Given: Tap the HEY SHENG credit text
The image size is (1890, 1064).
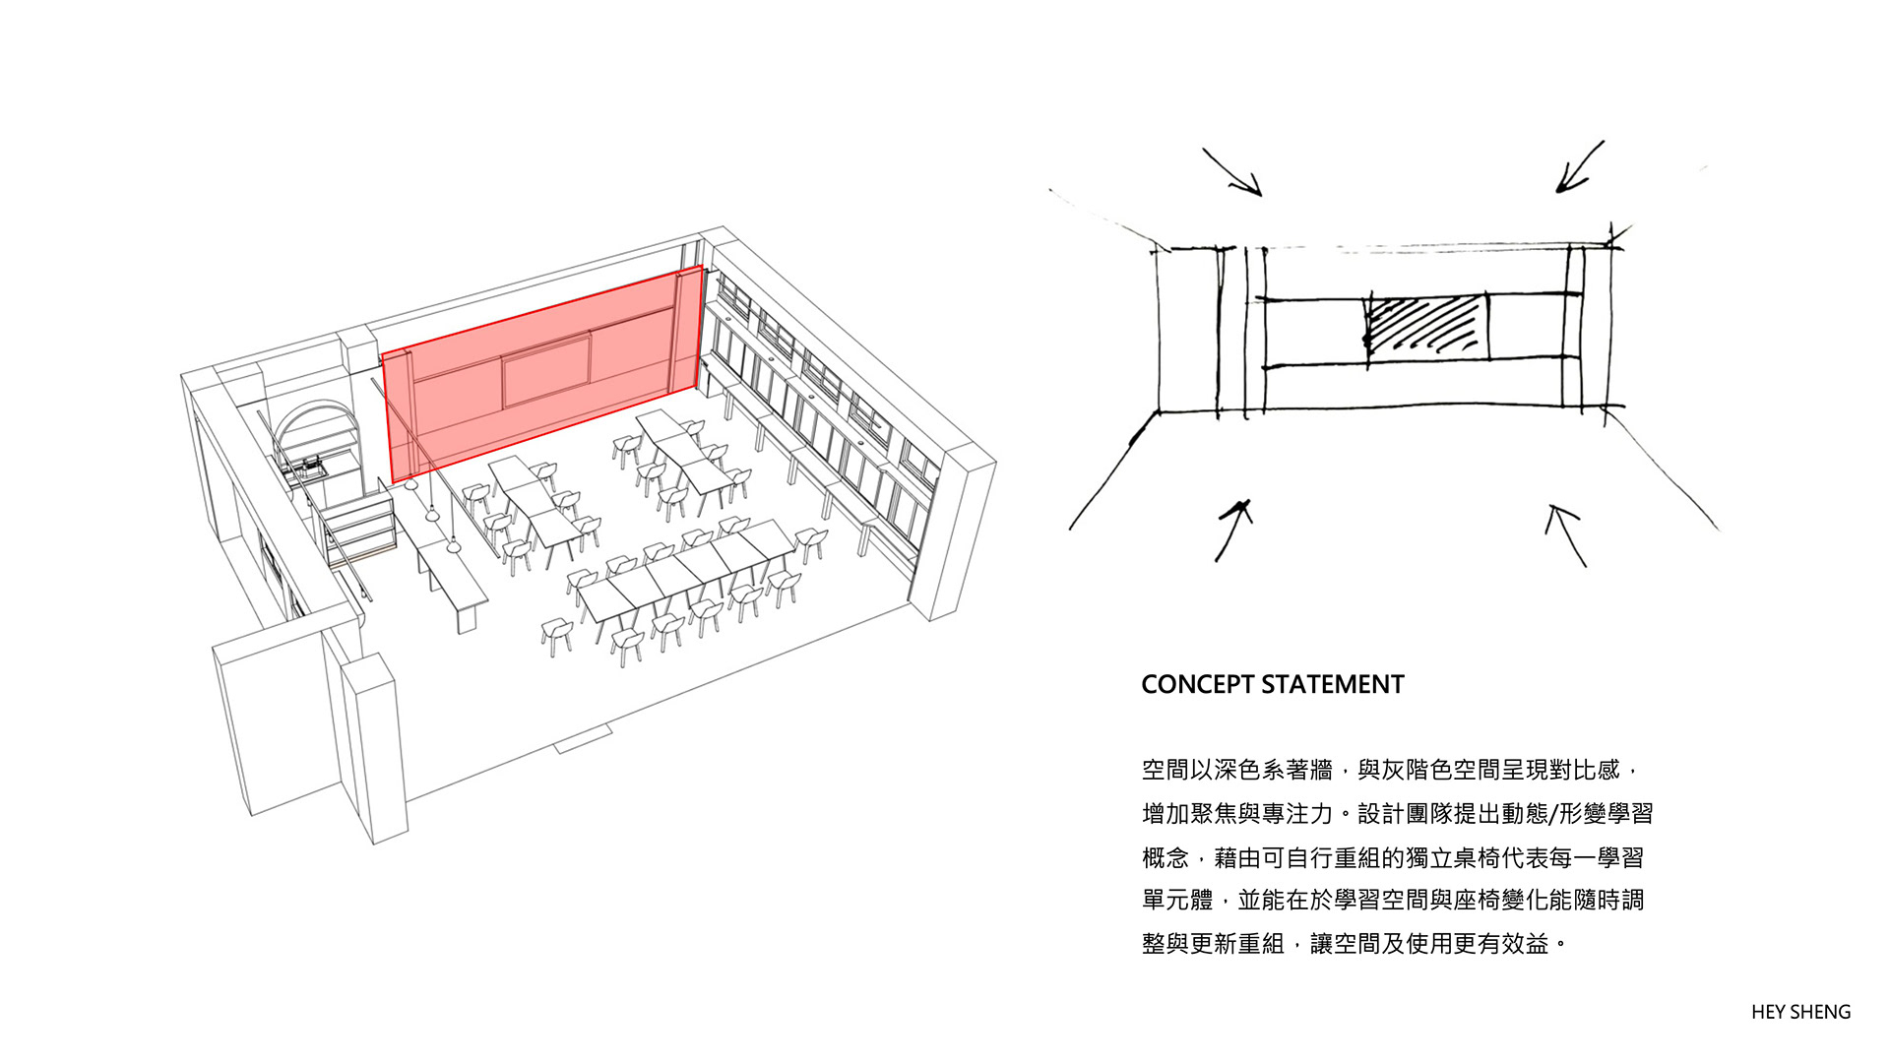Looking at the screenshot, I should pos(1800,1012).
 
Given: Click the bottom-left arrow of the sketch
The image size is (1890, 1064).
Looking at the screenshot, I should pos(1233,530).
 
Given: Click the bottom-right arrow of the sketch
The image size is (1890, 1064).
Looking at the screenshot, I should pos(1568,535).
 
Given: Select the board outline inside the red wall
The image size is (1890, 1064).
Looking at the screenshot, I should pos(547,370).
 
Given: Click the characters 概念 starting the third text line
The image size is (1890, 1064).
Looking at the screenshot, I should pos(1165,858).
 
